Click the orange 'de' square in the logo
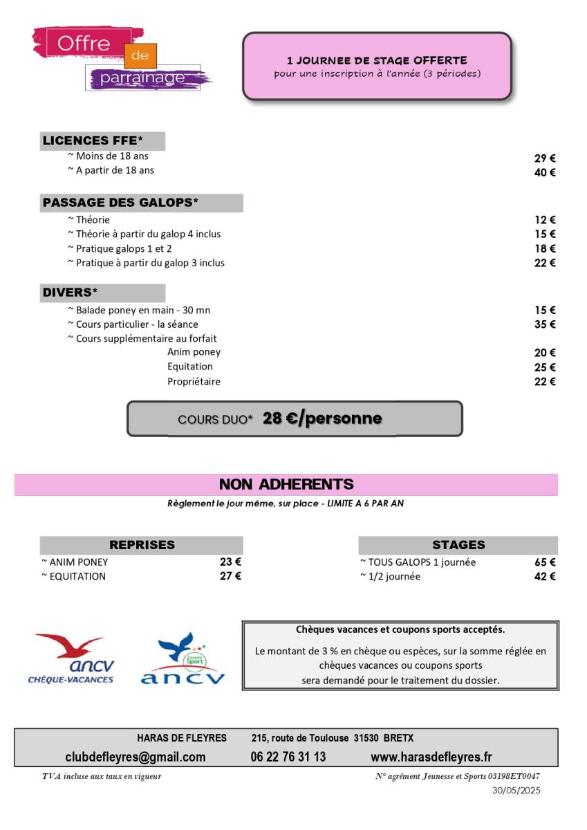click(x=140, y=56)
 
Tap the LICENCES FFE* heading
click(x=93, y=141)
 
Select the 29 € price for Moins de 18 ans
click(x=545, y=158)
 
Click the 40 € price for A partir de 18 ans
click(x=545, y=173)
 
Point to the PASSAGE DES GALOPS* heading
click(x=120, y=203)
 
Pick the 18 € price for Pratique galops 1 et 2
click(x=545, y=248)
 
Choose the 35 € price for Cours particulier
click(x=545, y=324)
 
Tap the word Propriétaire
click(x=194, y=381)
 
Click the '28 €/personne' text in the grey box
click(x=322, y=418)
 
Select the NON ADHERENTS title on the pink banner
click(x=286, y=484)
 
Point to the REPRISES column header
click(x=142, y=545)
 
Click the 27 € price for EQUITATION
click(x=230, y=576)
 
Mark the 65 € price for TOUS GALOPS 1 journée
click(x=545, y=562)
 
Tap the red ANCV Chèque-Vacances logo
click(x=71, y=659)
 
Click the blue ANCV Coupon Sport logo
click(x=183, y=659)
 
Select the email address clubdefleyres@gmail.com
click(x=135, y=757)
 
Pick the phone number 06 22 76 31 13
click(x=288, y=757)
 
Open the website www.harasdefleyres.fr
click(x=431, y=757)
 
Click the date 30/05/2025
click(x=516, y=790)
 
